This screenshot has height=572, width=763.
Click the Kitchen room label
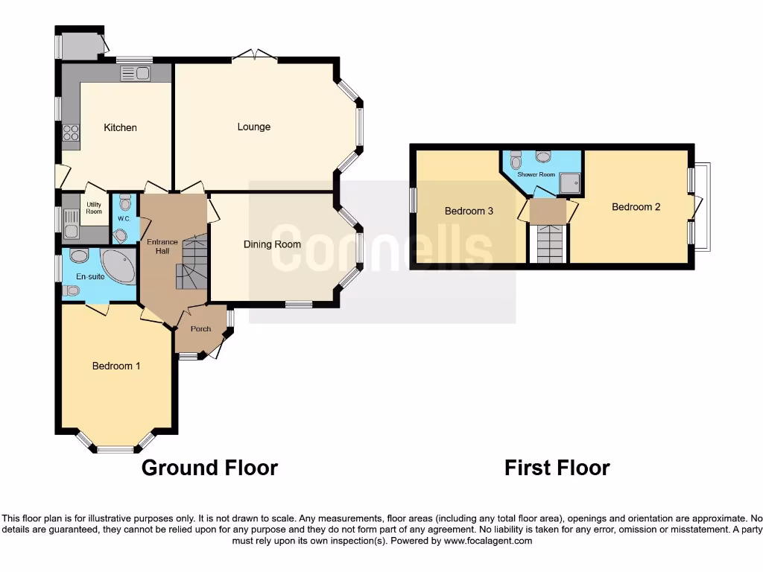pyautogui.click(x=120, y=127)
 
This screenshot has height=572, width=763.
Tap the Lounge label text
pyautogui.click(x=254, y=127)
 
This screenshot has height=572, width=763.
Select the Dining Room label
pyautogui.click(x=272, y=244)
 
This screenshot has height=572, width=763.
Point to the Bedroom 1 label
pyautogui.click(x=116, y=366)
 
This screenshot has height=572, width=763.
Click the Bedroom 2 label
pyautogui.click(x=636, y=207)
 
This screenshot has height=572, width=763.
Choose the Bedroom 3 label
pyautogui.click(x=469, y=211)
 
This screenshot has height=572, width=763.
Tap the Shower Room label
pyautogui.click(x=536, y=174)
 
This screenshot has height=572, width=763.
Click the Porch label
pyautogui.click(x=200, y=328)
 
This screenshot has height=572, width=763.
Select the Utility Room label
pyautogui.click(x=94, y=208)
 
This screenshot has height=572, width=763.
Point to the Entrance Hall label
pyautogui.click(x=162, y=247)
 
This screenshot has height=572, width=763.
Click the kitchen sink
pyautogui.click(x=135, y=73)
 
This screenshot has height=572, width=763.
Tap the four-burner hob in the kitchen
pyautogui.click(x=71, y=133)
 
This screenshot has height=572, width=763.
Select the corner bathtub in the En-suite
pyautogui.click(x=118, y=267)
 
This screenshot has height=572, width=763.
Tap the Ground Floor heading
pyautogui.click(x=209, y=468)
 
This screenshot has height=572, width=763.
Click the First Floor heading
pyautogui.click(x=557, y=468)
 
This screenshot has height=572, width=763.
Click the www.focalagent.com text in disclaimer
pyautogui.click(x=487, y=541)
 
